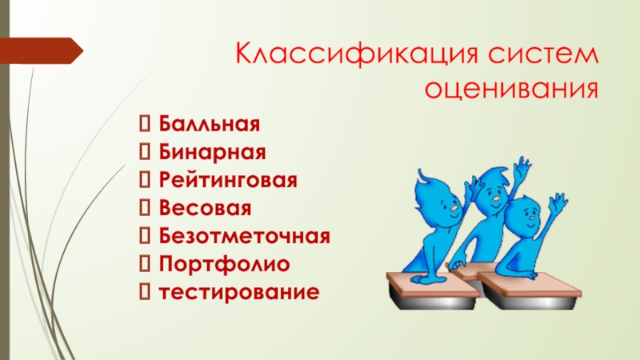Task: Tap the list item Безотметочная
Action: (243, 236)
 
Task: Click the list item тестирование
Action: (238, 291)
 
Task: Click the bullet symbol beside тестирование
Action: (146, 291)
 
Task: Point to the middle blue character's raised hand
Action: (522, 169)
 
